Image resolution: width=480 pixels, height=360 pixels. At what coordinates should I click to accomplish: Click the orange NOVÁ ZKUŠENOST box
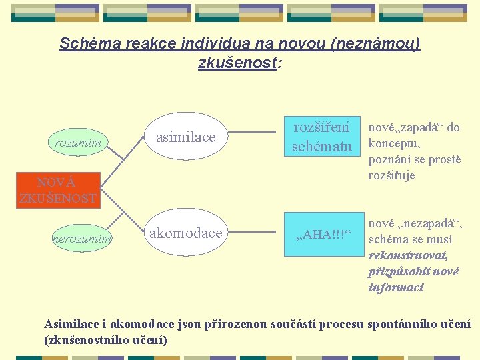58,190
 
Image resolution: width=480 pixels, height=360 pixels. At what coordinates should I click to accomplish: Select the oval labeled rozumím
78,142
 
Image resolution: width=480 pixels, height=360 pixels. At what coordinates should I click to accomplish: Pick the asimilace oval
185,137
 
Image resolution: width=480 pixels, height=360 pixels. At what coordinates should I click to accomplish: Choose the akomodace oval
185,233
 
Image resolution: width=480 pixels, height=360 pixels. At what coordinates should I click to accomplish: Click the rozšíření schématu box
321,137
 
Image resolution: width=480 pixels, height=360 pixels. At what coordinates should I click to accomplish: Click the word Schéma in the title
83,44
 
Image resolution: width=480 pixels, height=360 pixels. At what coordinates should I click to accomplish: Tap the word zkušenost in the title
237,63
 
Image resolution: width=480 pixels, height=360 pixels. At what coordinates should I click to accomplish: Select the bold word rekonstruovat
408,255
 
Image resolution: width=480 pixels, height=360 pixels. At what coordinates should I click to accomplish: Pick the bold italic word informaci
396,287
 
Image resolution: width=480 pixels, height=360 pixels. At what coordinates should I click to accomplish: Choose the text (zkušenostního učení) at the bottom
105,340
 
